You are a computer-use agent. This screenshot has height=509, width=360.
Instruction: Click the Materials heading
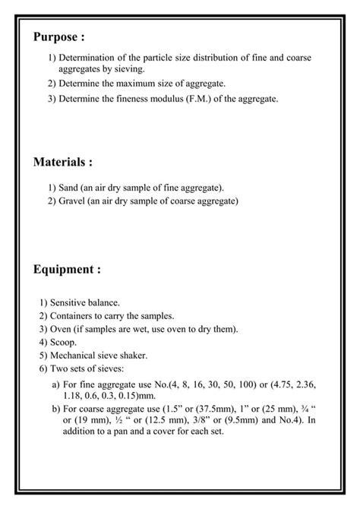(x=63, y=162)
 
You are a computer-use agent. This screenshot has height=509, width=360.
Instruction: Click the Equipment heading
(x=67, y=269)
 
